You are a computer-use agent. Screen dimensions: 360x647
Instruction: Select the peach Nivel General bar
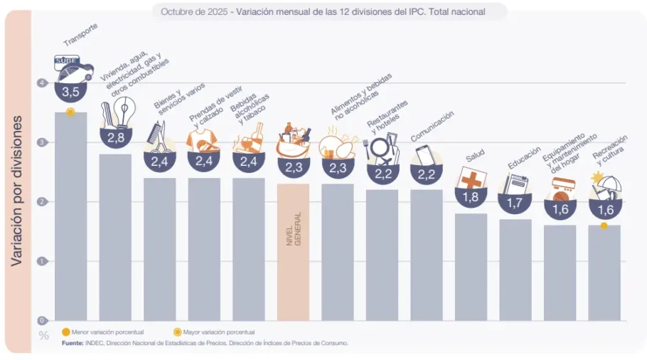pos(293,253)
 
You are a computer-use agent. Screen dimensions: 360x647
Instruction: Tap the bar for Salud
pos(471,267)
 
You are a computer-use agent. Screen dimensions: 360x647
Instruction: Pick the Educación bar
pos(515,270)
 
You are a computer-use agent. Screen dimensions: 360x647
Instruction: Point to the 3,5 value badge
pos(70,92)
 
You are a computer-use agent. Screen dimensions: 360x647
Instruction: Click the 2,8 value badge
pos(115,137)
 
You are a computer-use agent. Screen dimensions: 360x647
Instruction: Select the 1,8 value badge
pos(471,197)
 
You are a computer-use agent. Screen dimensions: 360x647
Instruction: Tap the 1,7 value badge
pos(515,203)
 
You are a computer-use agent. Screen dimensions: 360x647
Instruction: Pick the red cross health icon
pos(471,179)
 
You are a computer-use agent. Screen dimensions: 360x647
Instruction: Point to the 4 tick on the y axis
pos(42,83)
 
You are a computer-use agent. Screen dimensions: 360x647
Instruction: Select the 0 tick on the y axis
pos(42,320)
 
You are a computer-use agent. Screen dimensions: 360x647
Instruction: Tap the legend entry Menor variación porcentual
pos(102,332)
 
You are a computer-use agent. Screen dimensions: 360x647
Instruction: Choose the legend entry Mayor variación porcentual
pos(214,332)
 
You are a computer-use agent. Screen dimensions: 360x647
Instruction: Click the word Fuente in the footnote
pos(72,343)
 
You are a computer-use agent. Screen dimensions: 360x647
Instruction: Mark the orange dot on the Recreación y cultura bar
pos(604,226)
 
